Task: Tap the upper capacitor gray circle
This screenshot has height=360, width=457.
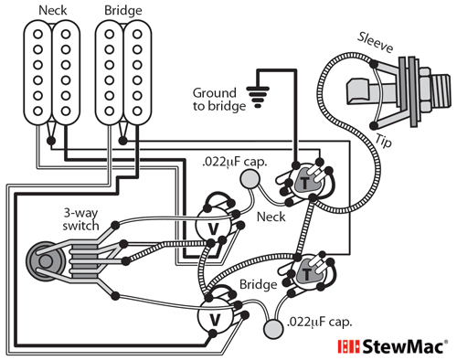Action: [248, 181]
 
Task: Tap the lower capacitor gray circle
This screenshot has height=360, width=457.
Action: [271, 329]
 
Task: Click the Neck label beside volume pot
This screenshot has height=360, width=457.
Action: [272, 219]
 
